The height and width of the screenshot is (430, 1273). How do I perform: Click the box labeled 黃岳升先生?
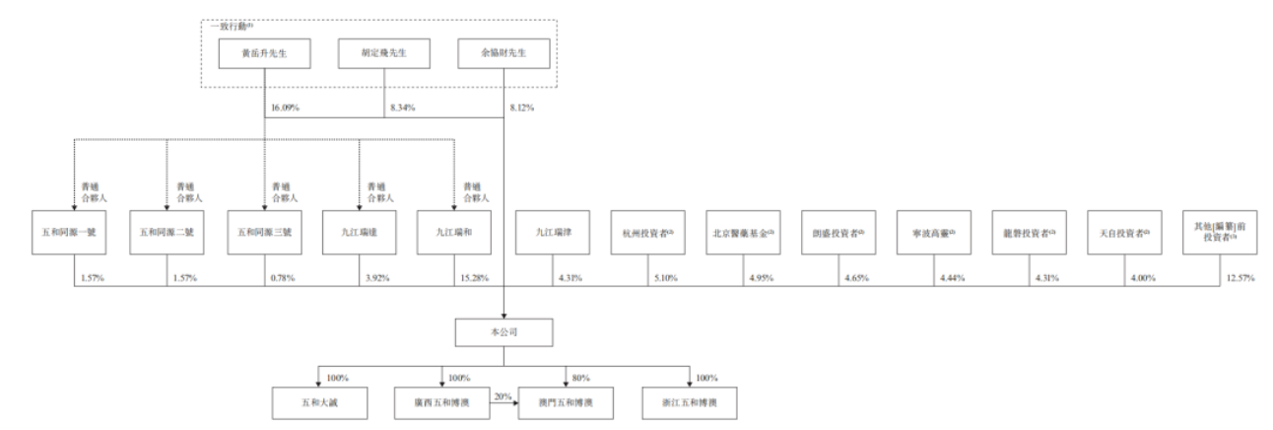[265, 52]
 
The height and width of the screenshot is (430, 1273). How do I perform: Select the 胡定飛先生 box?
[385, 52]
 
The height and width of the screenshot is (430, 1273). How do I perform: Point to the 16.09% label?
[284, 106]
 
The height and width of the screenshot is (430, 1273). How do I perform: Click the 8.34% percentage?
[402, 106]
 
